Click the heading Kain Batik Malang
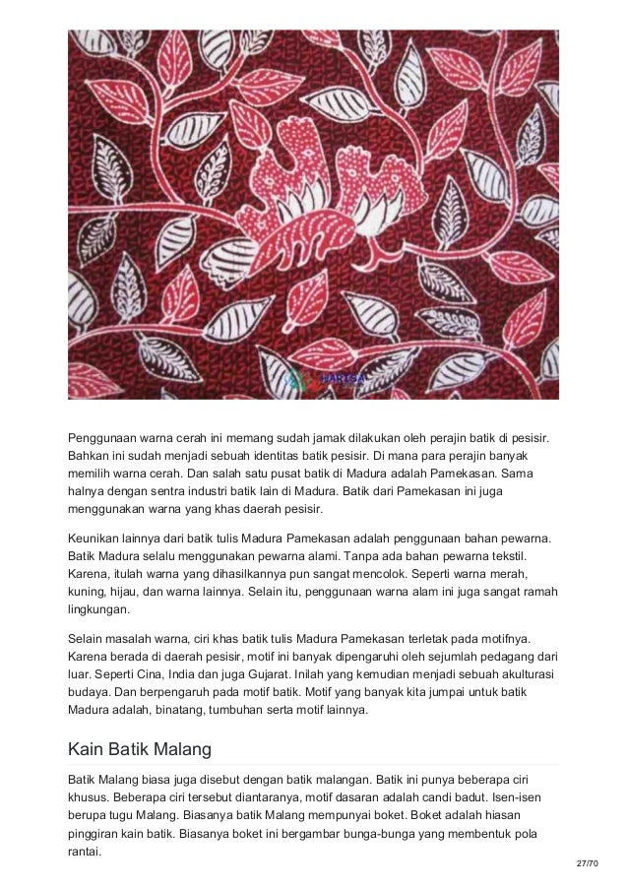140,749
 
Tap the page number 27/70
587,862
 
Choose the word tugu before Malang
139,816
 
